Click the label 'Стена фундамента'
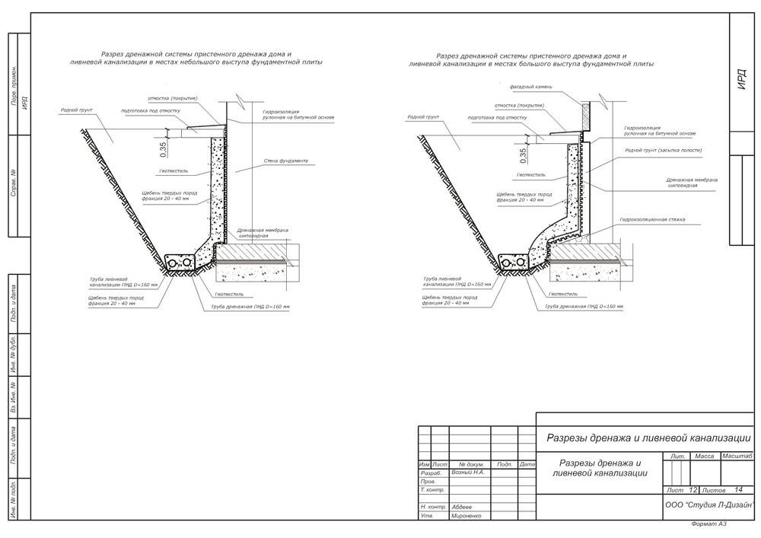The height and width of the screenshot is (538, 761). pos(286,161)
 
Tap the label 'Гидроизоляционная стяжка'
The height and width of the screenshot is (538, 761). pos(651,219)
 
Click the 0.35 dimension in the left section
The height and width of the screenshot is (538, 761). pos(162,147)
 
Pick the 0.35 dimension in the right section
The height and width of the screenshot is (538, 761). pos(523,155)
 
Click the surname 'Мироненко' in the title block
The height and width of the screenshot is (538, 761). pos(470,516)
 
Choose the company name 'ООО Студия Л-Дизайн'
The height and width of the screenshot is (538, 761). pos(708,505)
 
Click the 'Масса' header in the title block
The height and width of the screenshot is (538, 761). pos(705,456)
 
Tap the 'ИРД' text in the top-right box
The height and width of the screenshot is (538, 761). pos(743,84)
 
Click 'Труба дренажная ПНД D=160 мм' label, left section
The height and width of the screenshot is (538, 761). pos(250,307)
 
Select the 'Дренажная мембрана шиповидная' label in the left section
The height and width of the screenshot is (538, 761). pos(253,233)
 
